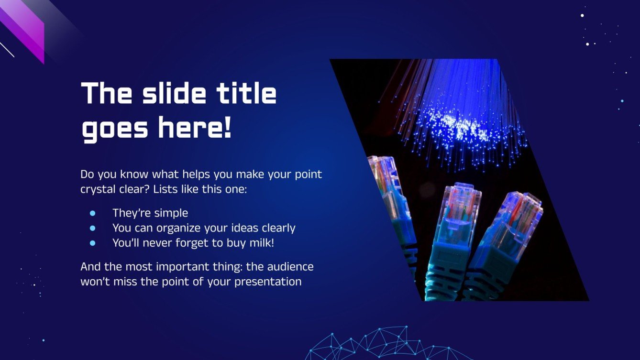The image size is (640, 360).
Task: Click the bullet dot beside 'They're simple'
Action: point(93,213)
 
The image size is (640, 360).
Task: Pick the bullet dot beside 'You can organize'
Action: point(93,228)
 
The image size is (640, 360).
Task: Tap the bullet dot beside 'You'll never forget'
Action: point(93,243)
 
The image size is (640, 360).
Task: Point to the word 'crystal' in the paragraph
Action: point(98,189)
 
